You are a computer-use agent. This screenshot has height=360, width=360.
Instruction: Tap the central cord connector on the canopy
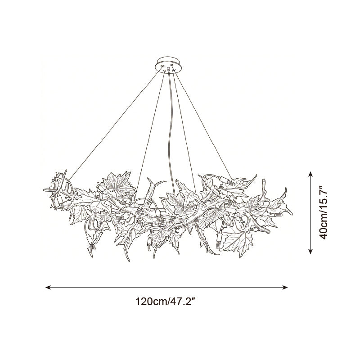tap(168, 69)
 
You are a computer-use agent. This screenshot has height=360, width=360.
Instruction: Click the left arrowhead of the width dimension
tap(48, 287)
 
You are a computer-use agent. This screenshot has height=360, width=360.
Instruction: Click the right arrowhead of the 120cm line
tap(285, 287)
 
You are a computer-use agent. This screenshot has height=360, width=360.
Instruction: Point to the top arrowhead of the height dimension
tap(310, 174)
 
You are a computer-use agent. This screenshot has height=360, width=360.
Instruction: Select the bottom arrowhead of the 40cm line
tap(310, 252)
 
